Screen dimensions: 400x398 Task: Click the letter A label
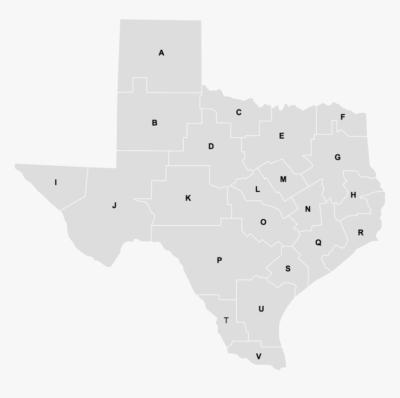(x=161, y=53)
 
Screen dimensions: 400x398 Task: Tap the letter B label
(x=154, y=123)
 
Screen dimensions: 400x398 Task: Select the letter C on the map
(x=239, y=112)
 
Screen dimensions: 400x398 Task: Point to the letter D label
(x=211, y=147)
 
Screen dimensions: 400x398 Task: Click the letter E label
(x=281, y=136)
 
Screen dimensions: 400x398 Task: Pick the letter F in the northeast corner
(x=343, y=117)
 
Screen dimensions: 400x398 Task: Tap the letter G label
(x=338, y=157)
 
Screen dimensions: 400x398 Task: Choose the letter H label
(x=353, y=195)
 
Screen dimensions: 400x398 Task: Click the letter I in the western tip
(x=56, y=182)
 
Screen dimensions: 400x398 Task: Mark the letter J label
(x=114, y=205)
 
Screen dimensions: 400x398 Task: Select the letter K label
(x=188, y=198)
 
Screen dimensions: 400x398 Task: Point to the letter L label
(x=257, y=189)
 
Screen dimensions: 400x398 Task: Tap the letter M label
(x=283, y=179)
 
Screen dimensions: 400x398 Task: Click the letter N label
(x=307, y=209)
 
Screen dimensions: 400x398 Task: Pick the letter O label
(x=263, y=223)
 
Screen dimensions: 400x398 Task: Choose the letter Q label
(x=318, y=243)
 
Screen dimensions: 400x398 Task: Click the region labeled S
(x=288, y=269)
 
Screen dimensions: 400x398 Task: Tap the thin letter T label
(x=226, y=320)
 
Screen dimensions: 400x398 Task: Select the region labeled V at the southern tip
(x=259, y=357)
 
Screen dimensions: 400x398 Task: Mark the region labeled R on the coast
(x=360, y=233)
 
